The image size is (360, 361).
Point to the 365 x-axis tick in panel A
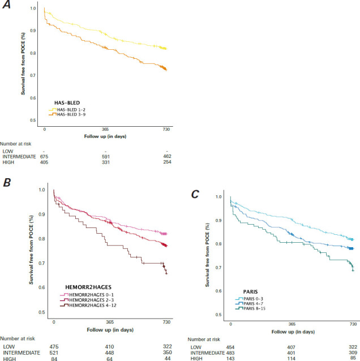[105, 130]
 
